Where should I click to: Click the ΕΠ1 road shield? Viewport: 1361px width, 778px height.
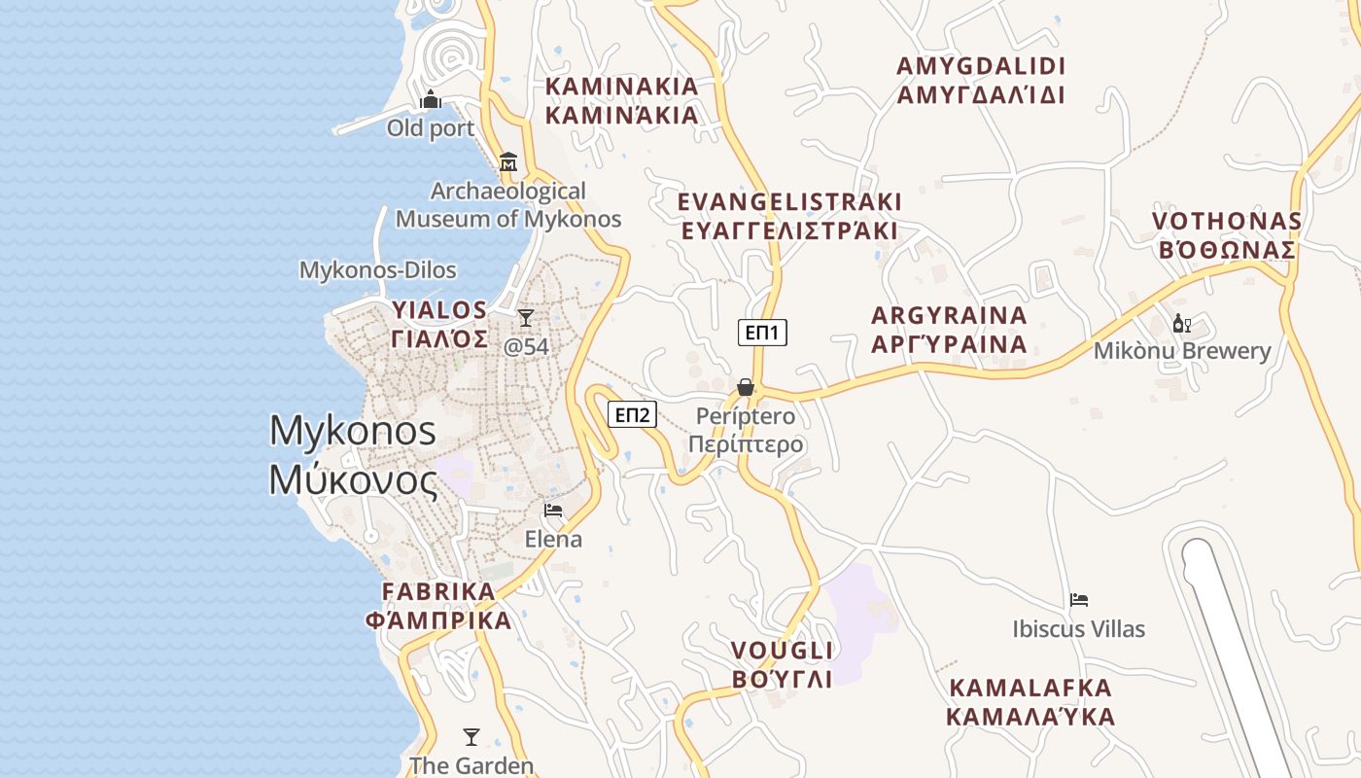[x=762, y=333]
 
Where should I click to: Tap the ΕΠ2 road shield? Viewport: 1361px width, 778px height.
[x=633, y=415]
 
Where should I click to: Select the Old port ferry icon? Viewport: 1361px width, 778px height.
[x=431, y=99]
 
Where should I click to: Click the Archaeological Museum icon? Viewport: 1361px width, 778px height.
[x=507, y=161]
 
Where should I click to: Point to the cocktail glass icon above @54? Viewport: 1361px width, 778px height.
[x=526, y=317]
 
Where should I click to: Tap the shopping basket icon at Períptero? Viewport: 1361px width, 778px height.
[x=746, y=387]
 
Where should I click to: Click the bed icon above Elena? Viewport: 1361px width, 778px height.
[x=553, y=511]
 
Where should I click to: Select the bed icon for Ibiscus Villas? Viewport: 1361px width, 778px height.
[x=1079, y=600]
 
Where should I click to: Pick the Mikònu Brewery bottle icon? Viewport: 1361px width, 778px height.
[x=1182, y=324]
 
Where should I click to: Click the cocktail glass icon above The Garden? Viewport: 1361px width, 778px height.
[x=471, y=737]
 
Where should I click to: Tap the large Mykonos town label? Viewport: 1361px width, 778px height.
[x=353, y=454]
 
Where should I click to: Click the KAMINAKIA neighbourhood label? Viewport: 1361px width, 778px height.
[x=622, y=100]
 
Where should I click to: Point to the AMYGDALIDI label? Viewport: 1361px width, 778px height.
[x=981, y=80]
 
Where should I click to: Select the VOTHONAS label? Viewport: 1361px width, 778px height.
[x=1227, y=235]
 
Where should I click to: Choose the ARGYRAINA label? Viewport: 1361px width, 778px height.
[x=949, y=330]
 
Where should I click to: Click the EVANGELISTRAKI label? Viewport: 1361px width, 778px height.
[x=789, y=216]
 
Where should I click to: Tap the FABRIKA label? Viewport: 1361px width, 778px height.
[x=438, y=606]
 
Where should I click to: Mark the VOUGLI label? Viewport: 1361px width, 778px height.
[x=782, y=664]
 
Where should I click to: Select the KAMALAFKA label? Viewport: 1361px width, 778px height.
[x=1030, y=702]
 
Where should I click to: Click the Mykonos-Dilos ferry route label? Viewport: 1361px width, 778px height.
[x=378, y=269]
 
